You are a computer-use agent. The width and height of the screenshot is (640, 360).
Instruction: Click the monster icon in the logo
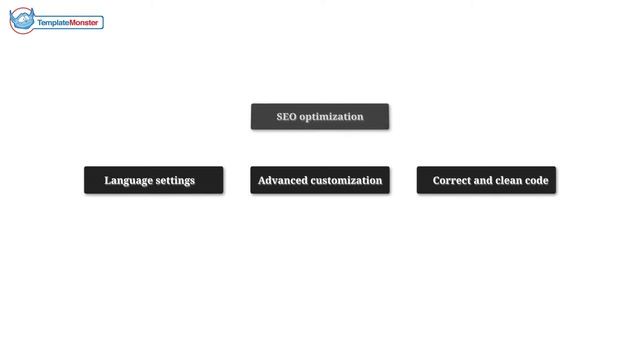22,20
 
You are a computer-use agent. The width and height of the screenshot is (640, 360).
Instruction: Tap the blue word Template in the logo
53,22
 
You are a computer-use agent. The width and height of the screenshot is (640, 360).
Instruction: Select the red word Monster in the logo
84,22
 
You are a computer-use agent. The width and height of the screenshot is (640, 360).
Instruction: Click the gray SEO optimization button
320,117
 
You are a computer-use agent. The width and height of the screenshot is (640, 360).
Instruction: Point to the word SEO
287,117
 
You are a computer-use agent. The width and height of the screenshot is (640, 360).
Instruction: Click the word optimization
331,117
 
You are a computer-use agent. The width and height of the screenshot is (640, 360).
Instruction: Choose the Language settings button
153,180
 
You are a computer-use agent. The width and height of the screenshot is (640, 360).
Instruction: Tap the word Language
129,181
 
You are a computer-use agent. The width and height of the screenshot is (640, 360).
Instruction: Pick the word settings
176,181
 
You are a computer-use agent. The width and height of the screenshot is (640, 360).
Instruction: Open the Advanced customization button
320,180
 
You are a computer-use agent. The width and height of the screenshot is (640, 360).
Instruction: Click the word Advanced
282,180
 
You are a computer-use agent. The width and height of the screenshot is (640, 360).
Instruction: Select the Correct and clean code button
487,180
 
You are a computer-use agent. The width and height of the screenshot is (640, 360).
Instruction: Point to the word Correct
451,180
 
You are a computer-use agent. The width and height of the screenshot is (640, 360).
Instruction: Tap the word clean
509,180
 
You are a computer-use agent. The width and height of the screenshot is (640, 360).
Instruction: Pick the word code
537,180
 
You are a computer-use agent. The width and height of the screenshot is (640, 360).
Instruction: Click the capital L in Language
108,180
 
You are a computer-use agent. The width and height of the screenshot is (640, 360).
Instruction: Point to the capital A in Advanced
262,180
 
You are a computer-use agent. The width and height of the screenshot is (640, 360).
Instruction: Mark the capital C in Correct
437,180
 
